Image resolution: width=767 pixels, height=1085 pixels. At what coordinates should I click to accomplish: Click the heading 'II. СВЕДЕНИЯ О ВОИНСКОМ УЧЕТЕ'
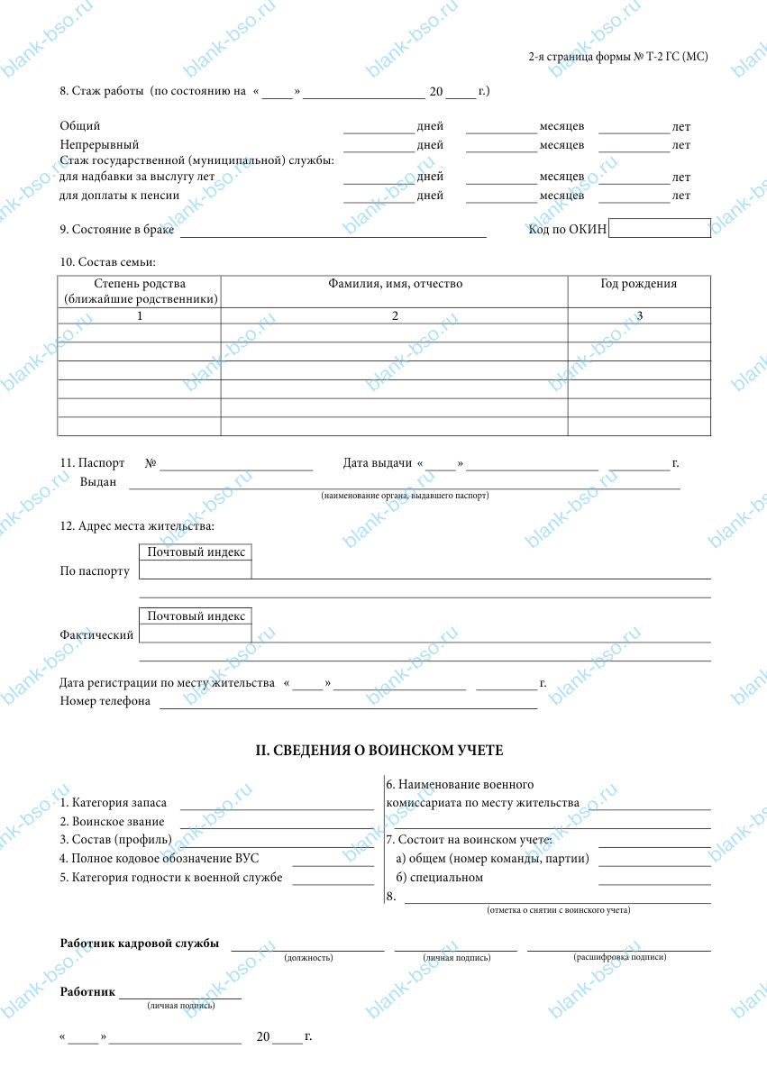click(381, 750)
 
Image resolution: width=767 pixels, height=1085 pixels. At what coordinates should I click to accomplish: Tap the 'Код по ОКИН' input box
click(659, 229)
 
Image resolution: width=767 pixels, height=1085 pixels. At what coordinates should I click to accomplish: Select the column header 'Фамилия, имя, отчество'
click(395, 284)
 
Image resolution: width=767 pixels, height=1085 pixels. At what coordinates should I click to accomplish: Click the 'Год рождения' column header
click(639, 284)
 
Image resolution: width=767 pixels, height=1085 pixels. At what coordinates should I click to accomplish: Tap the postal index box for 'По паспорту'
click(196, 570)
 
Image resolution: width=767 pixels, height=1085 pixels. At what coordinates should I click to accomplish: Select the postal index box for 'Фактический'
click(196, 634)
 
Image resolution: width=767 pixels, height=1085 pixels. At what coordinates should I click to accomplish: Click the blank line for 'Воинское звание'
click(277, 822)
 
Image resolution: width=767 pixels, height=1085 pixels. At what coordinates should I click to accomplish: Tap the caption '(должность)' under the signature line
click(308, 958)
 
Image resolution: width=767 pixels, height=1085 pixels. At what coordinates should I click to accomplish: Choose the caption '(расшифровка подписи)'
click(619, 957)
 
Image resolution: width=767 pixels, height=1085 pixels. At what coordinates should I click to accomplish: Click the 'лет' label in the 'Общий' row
click(681, 127)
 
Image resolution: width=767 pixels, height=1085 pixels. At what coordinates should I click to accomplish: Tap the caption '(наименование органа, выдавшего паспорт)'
click(405, 497)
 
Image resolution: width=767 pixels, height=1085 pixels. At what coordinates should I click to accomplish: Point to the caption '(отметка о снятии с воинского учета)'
click(558, 910)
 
